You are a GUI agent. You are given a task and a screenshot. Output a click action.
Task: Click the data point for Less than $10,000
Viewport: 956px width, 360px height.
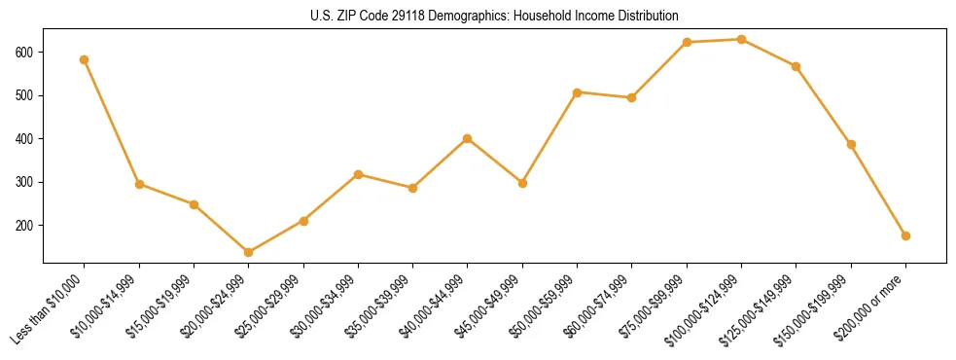pos(85,59)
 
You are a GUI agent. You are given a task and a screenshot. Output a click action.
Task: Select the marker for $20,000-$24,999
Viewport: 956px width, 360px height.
pos(249,252)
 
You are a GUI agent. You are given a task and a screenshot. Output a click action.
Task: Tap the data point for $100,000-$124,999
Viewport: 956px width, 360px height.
pos(742,40)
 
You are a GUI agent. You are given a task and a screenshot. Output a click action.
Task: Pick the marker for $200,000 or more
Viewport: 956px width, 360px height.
pos(906,235)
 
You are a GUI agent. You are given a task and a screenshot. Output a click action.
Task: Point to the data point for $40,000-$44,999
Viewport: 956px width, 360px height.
pos(468,138)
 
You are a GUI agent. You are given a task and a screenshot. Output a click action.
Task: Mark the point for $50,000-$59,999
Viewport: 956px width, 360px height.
pos(578,92)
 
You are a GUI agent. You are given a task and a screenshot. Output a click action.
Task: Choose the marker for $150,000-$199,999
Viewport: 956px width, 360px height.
pos(852,144)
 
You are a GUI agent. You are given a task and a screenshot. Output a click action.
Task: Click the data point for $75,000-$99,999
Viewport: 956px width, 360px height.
pos(688,43)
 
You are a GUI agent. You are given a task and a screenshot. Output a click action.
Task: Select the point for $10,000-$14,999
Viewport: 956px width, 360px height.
pos(139,184)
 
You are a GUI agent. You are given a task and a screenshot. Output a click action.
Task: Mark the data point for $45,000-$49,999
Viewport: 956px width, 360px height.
pos(523,183)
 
